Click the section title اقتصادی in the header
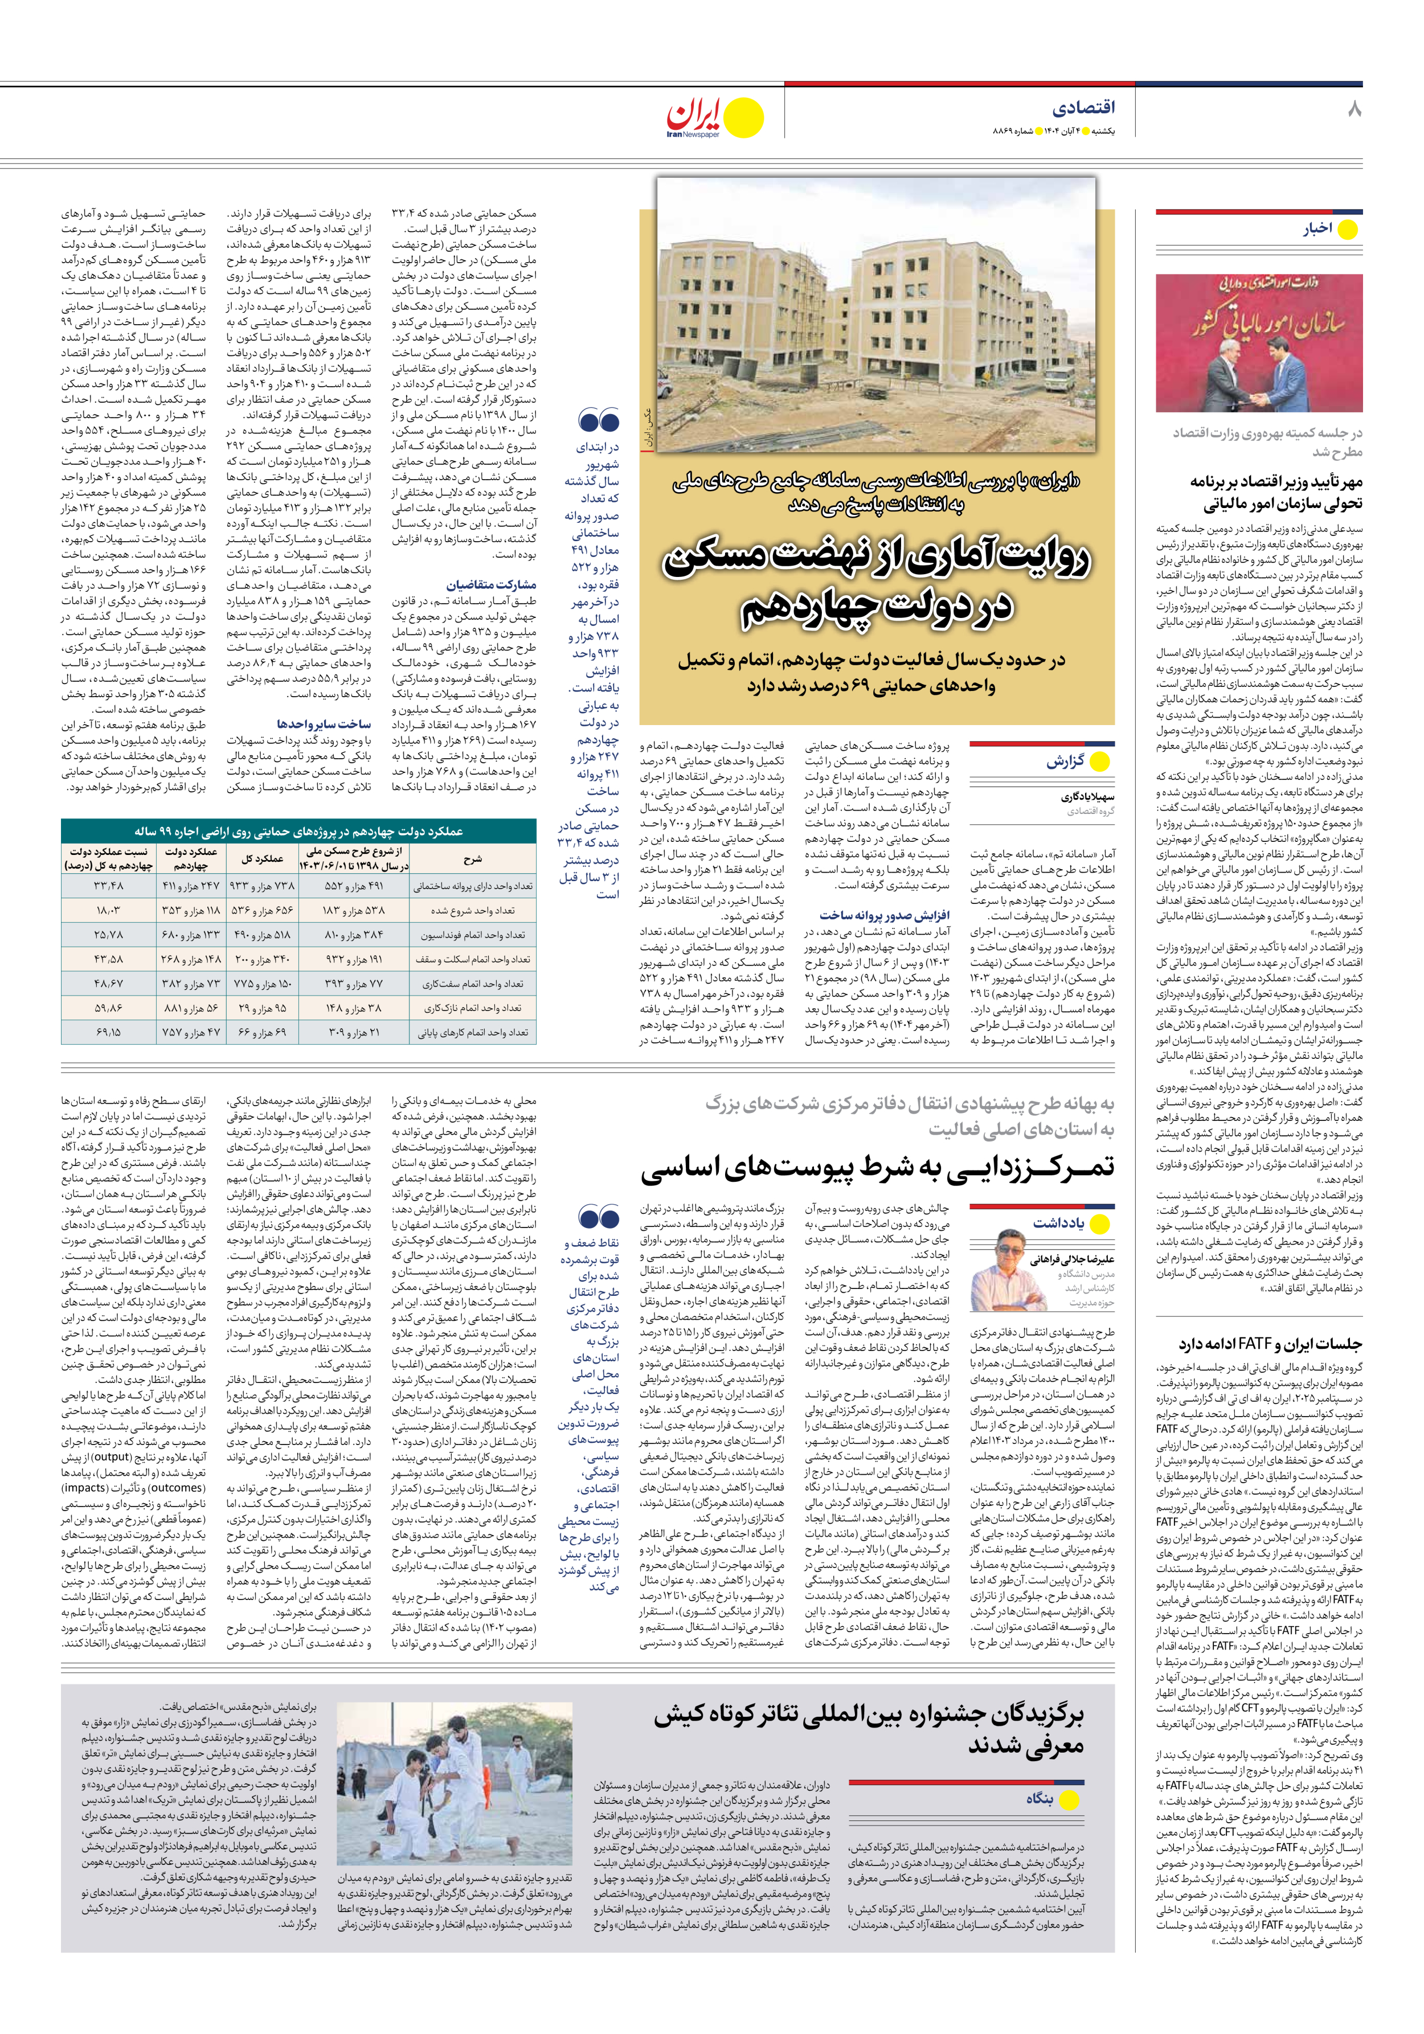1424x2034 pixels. [x=1083, y=108]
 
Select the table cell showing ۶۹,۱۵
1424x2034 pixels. [x=108, y=1032]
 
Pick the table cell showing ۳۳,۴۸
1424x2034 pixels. [x=108, y=885]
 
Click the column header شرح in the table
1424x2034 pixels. [x=472, y=858]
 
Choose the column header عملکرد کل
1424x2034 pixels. [x=262, y=858]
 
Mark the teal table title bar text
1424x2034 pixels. [x=298, y=832]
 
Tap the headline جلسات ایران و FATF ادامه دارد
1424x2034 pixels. [x=1270, y=1344]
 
